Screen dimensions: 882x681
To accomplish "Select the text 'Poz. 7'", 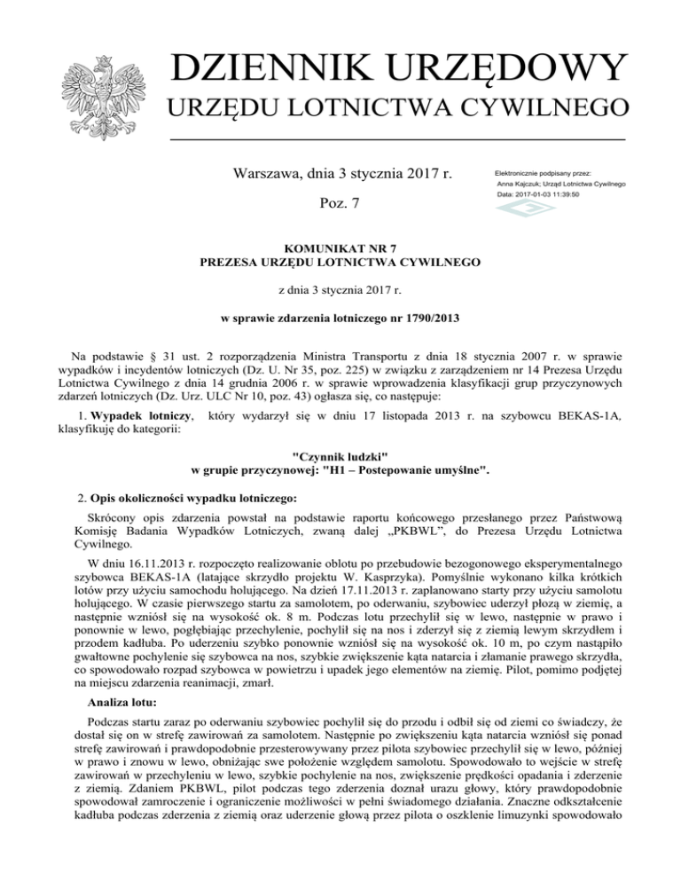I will pos(340,204).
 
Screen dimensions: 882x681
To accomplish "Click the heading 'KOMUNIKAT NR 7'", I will pos(340,248).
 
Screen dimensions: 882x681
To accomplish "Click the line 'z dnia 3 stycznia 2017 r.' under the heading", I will pos(340,291).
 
